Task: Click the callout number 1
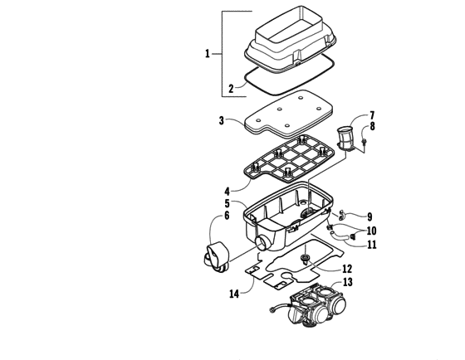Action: tap(208, 53)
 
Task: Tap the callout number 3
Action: tap(222, 121)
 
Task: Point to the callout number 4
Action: tap(226, 190)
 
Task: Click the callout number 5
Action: tap(227, 203)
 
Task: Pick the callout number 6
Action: tap(226, 217)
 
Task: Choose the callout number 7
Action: tap(372, 115)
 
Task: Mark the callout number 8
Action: tap(372, 127)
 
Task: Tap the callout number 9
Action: tap(370, 217)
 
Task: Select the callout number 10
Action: tap(371, 231)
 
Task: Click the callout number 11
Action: tap(371, 244)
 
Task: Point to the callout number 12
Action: tap(347, 269)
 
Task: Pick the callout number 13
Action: tap(347, 283)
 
